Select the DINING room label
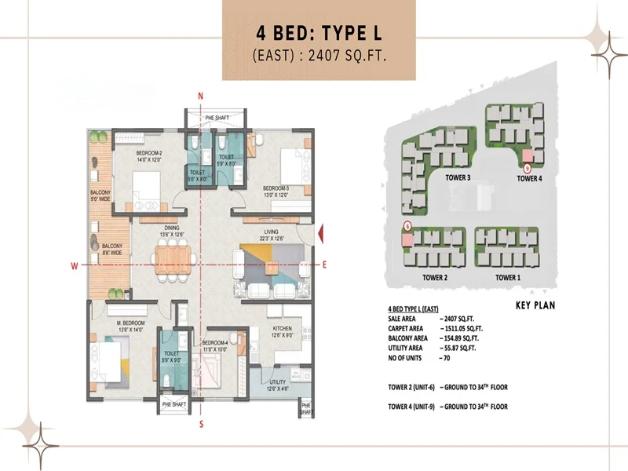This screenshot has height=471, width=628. (171, 230)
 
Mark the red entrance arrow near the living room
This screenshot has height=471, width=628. (321, 234)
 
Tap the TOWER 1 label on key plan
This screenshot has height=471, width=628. (507, 278)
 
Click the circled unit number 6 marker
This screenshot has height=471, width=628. (407, 225)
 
